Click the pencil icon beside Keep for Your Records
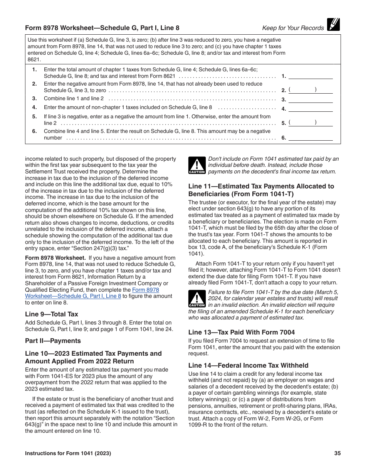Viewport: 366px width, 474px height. tap(333, 25)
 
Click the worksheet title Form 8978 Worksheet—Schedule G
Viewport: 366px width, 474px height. tap(102, 28)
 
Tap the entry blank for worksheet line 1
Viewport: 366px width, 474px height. tap(311, 76)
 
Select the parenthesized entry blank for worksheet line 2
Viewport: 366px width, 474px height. tap(311, 90)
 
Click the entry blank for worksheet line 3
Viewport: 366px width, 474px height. tap(311, 99)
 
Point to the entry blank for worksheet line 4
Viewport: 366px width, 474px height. tap(311, 108)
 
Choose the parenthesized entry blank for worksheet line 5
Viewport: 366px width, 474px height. tap(311, 123)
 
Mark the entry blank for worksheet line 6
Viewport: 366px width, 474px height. tap(311, 137)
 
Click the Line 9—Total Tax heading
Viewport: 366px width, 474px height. tap(52, 314)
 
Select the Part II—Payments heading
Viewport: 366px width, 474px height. tap(53, 341)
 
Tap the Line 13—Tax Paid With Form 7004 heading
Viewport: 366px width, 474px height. tap(242, 332)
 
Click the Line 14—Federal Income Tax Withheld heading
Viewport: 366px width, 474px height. tap(248, 365)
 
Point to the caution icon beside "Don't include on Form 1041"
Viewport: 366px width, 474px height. tap(196, 166)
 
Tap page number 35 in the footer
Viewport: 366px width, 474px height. tap(337, 454)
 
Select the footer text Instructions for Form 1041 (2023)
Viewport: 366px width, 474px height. tap(68, 454)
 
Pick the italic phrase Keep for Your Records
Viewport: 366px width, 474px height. tap(293, 28)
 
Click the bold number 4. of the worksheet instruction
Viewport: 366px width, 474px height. tap(35, 108)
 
